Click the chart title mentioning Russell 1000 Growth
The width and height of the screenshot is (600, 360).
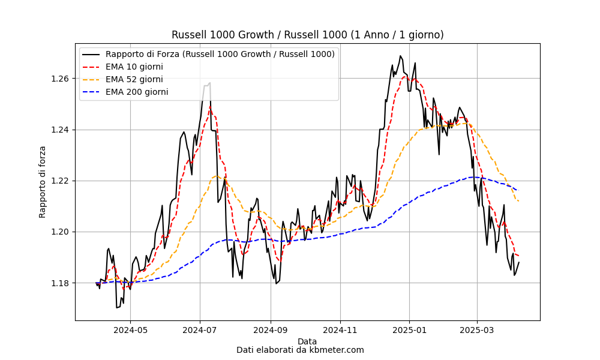[307, 35]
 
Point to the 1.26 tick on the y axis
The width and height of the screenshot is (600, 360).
[60, 79]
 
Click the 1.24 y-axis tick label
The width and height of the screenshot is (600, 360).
[60, 130]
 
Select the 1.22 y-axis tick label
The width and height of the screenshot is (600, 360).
[60, 181]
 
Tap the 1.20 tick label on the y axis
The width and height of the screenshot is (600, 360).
[60, 232]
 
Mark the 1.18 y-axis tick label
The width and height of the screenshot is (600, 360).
[60, 283]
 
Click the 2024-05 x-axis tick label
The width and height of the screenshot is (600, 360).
[130, 330]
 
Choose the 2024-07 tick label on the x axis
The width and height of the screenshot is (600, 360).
[200, 330]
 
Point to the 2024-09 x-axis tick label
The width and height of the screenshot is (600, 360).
[271, 330]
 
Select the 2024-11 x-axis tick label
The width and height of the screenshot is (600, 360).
[340, 330]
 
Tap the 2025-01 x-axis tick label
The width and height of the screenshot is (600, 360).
[409, 330]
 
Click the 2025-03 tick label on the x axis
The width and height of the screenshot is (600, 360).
[477, 330]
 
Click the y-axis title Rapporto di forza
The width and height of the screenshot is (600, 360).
[42, 182]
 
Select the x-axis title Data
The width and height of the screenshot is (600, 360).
[307, 341]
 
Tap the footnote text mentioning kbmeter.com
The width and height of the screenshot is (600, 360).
[300, 350]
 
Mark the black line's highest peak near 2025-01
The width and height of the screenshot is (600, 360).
[400, 56]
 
